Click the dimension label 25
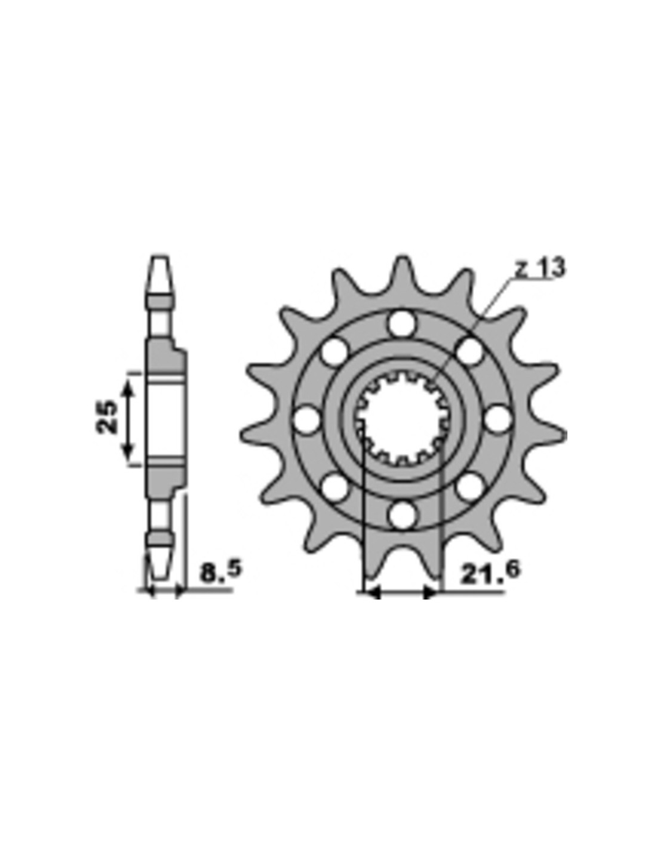106,416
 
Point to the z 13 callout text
540,269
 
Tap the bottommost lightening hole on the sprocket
402,515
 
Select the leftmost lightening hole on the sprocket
307,420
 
